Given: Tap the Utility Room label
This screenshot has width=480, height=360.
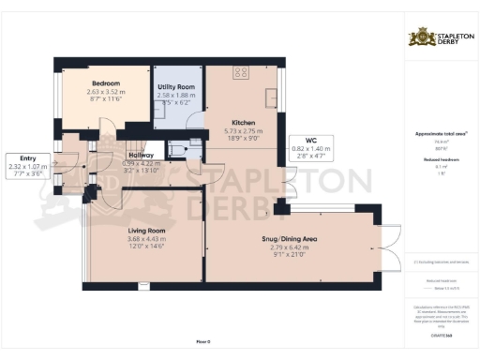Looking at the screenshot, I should [x=175, y=86].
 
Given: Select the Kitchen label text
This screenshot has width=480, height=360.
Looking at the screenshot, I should [x=243, y=123].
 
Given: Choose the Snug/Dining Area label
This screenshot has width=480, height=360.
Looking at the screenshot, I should [x=290, y=240].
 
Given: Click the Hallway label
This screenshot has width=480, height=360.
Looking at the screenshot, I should [x=142, y=158].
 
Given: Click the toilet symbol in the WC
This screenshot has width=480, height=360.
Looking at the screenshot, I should [x=178, y=148].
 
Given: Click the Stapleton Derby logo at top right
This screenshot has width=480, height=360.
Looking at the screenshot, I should [x=441, y=37].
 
